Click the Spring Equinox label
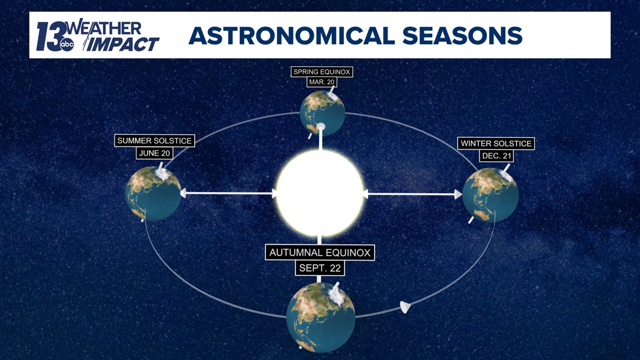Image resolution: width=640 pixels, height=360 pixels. pyautogui.click(x=322, y=72)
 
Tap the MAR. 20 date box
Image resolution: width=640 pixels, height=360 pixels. pyautogui.click(x=322, y=82)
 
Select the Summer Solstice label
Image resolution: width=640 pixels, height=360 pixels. pyautogui.click(x=154, y=141)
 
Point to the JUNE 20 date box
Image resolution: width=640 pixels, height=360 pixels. pyautogui.click(x=154, y=153)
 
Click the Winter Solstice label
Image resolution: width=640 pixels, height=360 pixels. pyautogui.click(x=496, y=143)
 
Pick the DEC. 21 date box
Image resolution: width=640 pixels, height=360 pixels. pyautogui.click(x=496, y=156)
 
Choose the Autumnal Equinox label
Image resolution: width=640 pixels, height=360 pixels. pyautogui.click(x=319, y=253)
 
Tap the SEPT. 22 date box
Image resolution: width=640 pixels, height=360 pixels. pyautogui.click(x=319, y=268)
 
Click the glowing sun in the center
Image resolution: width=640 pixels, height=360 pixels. pyautogui.click(x=319, y=193)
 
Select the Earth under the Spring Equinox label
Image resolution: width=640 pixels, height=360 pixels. pyautogui.click(x=322, y=113)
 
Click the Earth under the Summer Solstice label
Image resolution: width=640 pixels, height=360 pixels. pyautogui.click(x=153, y=193)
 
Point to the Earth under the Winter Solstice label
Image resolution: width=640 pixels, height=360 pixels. pyautogui.click(x=491, y=195)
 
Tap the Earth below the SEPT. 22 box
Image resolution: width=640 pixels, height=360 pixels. pyautogui.click(x=321, y=317)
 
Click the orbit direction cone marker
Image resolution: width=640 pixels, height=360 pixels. pyautogui.click(x=405, y=307)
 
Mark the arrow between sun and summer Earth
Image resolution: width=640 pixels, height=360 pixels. pyautogui.click(x=228, y=193)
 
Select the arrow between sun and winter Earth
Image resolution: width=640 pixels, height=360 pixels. pyautogui.click(x=412, y=194)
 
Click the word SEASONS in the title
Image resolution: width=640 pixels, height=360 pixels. pyautogui.click(x=462, y=36)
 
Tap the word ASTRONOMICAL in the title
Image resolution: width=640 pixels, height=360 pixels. pyautogui.click(x=291, y=36)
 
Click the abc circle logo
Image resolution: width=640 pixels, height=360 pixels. pyautogui.click(x=67, y=45)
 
